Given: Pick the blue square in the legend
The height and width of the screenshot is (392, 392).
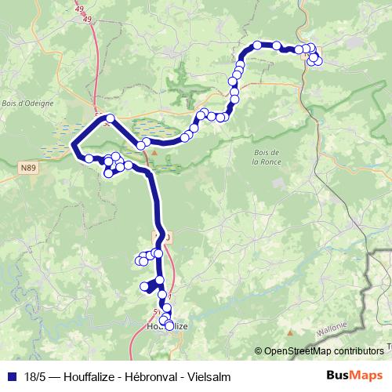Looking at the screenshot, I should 12,376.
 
